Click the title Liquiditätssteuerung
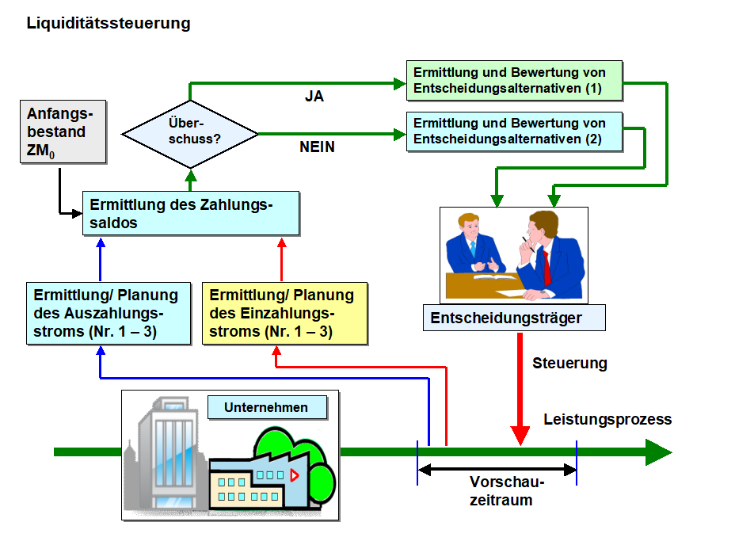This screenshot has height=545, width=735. coord(109,23)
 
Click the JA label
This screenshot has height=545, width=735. coord(314,97)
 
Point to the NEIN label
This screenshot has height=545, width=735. coord(317,147)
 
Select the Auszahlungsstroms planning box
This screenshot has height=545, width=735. coord(108,313)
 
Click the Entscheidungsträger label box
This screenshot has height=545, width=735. coord(514,318)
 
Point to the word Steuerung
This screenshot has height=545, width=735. coord(569,364)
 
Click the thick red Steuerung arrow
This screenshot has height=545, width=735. coord(520,388)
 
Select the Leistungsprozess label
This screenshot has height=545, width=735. coord(607,419)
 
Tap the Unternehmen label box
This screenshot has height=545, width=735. coord(268,408)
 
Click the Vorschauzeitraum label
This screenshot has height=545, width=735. coord(508,491)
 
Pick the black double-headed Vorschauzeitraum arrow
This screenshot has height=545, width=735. coord(497,470)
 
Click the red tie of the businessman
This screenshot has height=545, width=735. coord(546,265)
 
